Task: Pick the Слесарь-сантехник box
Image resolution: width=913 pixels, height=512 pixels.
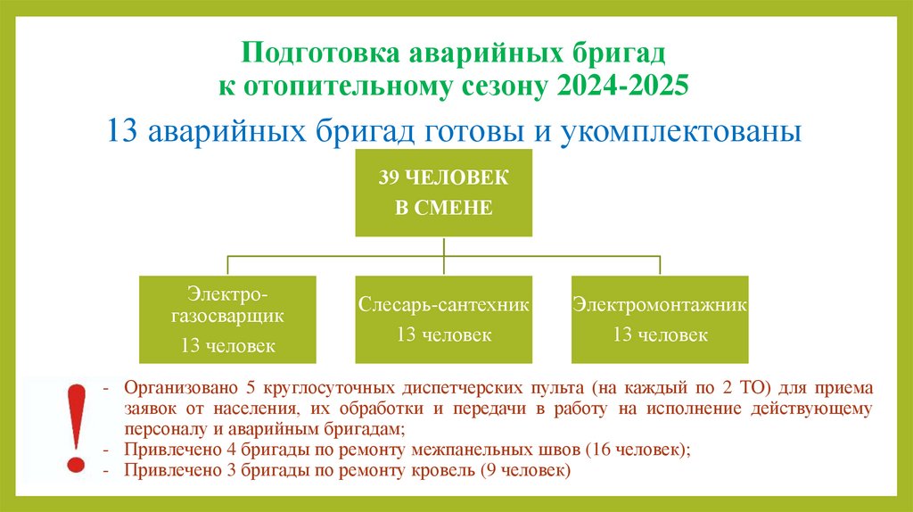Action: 444,318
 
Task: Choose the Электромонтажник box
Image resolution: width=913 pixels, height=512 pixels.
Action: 660,318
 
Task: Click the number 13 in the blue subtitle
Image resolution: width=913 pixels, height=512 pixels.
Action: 122,130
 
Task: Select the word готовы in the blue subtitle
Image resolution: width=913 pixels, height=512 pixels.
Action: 487,130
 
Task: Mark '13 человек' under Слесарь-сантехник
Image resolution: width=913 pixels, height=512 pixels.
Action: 444,335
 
